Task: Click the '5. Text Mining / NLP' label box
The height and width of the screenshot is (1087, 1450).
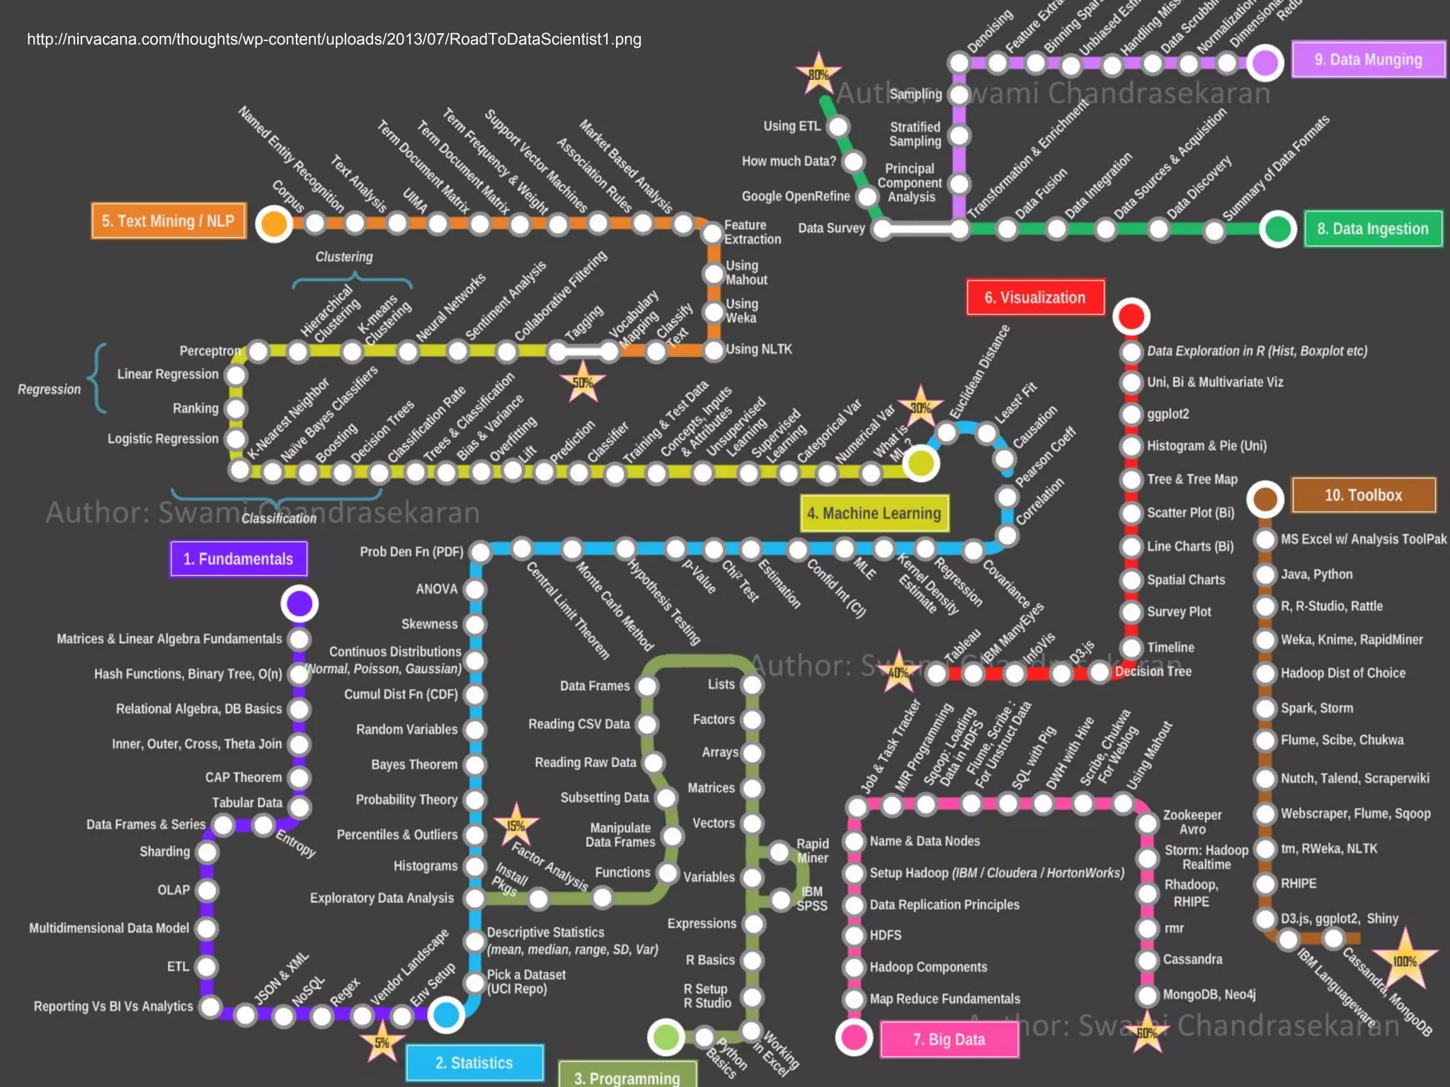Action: click(169, 221)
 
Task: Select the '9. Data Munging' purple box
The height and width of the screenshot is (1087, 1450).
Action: click(1368, 59)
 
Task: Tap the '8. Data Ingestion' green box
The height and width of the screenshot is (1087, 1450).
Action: click(1372, 229)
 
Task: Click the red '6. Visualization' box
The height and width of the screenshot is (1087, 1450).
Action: click(1034, 297)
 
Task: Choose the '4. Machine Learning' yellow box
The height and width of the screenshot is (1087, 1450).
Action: click(874, 513)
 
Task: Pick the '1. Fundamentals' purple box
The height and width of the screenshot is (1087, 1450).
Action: click(239, 559)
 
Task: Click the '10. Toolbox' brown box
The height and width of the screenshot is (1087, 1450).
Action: click(1363, 495)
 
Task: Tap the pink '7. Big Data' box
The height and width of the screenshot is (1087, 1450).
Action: click(949, 1039)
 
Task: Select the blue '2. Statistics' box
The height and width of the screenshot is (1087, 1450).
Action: click(474, 1062)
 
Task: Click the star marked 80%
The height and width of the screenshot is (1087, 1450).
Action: click(818, 74)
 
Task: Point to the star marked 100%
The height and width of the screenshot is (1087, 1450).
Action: click(1405, 960)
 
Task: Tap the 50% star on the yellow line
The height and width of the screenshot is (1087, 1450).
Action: click(583, 382)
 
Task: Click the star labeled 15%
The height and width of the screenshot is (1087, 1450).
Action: click(516, 825)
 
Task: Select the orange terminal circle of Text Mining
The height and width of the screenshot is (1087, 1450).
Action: click(274, 224)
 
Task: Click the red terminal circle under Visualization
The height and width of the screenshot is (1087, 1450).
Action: click(1131, 316)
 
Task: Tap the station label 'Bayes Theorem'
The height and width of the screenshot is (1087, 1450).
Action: click(414, 764)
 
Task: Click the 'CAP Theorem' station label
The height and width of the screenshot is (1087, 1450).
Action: click(244, 777)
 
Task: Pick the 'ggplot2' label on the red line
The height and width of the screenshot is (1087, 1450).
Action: click(1168, 414)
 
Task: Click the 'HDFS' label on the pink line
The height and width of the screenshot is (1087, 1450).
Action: click(885, 935)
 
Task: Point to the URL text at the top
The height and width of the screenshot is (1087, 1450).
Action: click(334, 40)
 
